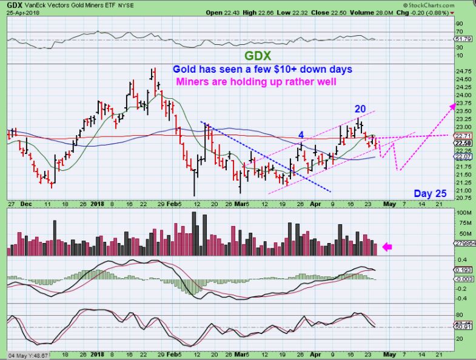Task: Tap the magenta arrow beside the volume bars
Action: coord(387,247)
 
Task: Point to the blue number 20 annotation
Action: coord(360,108)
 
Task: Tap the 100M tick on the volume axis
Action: coord(463,213)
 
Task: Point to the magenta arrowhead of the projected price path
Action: coord(452,106)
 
